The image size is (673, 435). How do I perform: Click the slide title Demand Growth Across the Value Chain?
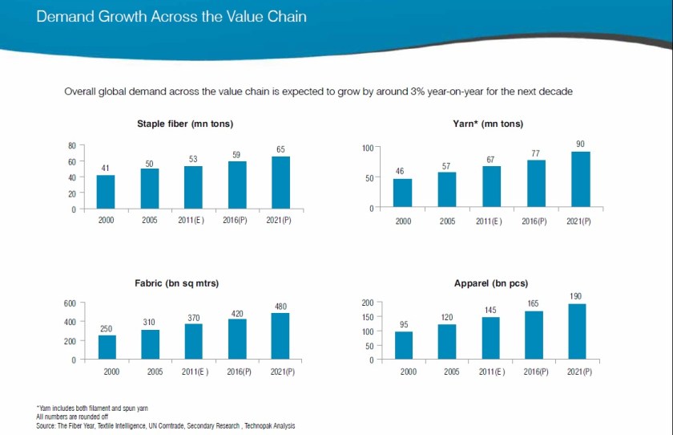[x=171, y=16]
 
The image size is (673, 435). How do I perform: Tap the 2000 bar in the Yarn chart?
[x=402, y=193]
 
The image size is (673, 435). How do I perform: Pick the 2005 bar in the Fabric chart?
[x=150, y=344]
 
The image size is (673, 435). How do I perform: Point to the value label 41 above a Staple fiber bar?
[x=105, y=168]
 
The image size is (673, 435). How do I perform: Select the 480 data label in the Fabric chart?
[x=280, y=306]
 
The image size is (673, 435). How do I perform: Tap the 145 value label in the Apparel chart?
[x=490, y=310]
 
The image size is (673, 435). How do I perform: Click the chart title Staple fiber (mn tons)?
[x=184, y=124]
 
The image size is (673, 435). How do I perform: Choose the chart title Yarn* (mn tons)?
[x=488, y=124]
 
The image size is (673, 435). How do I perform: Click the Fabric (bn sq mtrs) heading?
[x=176, y=283]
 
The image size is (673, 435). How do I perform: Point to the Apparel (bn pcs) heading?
[x=490, y=283]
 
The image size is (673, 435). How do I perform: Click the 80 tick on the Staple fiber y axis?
[x=71, y=145]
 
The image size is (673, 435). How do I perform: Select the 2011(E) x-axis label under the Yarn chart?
[x=489, y=221]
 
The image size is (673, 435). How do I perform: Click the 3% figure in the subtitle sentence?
[x=391, y=91]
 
